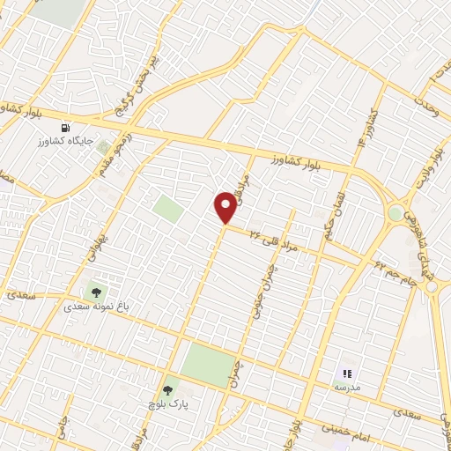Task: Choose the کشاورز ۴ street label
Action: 366,129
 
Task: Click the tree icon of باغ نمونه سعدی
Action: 94,292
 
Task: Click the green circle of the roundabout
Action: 396,212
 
